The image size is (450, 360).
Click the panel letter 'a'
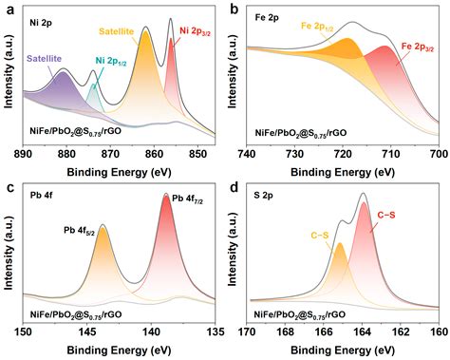pos(11,9)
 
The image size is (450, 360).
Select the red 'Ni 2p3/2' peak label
pos(196,31)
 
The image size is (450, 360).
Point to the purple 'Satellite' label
pos(45,59)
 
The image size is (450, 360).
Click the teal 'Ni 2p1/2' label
pos(111,62)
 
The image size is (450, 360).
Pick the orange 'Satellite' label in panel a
pos(117,31)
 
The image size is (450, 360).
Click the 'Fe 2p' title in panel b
pos(267,18)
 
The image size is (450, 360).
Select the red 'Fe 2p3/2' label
pos(418,47)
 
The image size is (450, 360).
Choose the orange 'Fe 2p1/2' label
pos(317,27)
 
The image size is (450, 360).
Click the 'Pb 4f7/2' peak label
pos(187,199)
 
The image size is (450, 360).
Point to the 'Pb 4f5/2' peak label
pos(80,231)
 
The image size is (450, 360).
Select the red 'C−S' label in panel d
pos(386,216)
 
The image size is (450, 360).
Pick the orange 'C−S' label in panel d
pos(320,236)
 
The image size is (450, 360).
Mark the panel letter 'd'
pos(234,188)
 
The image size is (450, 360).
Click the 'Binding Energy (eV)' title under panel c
pos(119,351)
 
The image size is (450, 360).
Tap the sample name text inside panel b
pos(300,133)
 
